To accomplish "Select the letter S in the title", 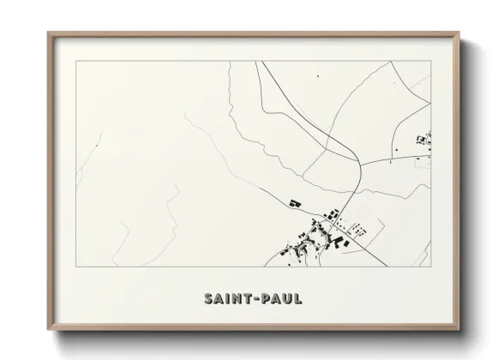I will [209, 300].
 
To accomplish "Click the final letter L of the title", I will [297, 300].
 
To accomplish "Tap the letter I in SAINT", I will [229, 300].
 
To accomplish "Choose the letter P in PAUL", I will [262, 300].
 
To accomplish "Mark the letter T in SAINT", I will [247, 300].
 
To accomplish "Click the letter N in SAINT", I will [237, 300].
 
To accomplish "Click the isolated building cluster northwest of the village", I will [294, 202].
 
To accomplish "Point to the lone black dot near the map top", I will [317, 77].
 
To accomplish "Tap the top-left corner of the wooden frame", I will [48, 33].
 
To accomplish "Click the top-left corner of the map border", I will [76, 63].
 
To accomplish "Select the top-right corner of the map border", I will [431, 63].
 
